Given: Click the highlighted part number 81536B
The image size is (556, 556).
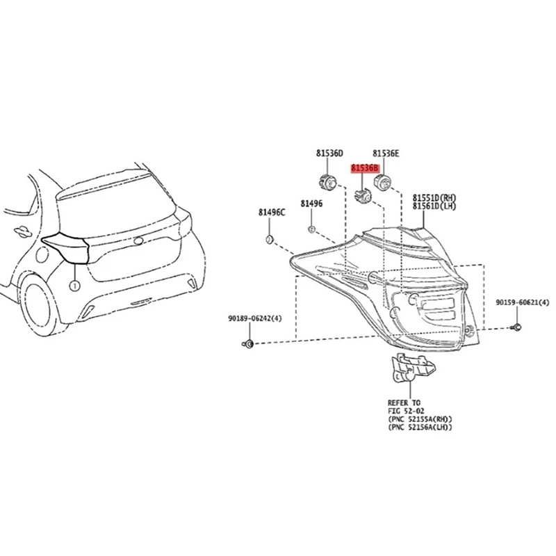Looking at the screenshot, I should (x=365, y=168).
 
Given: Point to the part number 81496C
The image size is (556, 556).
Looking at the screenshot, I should (x=272, y=212).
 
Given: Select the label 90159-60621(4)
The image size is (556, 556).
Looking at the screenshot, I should (x=522, y=303).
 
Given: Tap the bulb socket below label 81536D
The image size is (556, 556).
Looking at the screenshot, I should (x=327, y=183).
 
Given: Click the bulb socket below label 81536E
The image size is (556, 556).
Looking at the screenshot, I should (x=384, y=183).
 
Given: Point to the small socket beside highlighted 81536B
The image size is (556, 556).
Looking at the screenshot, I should (x=363, y=195).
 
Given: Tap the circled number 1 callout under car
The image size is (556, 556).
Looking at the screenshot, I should (x=73, y=286).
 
